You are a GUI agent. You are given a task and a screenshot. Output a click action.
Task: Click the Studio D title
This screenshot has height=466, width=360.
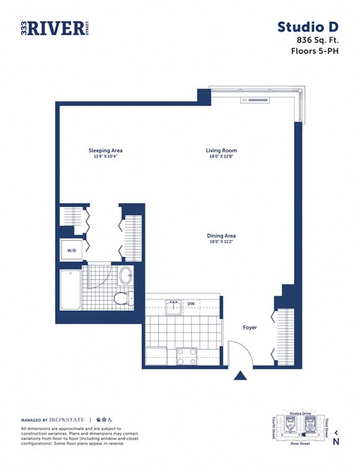[307, 27]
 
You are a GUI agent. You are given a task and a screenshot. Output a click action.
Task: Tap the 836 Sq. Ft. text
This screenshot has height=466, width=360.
[318, 40]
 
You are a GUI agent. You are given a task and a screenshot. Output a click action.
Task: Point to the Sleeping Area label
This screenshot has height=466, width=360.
[105, 151]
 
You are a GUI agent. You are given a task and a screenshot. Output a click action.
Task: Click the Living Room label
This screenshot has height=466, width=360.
[221, 151]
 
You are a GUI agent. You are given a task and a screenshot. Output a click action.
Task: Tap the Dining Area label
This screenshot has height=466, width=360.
[221, 236]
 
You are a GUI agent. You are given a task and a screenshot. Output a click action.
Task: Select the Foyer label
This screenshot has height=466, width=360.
[250, 327]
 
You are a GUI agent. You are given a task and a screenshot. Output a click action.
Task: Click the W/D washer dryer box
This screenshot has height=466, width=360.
[72, 250]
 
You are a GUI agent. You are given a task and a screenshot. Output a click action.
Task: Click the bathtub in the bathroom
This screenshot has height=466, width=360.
[70, 290]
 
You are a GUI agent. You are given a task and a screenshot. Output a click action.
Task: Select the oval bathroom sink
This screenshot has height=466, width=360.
[125, 275]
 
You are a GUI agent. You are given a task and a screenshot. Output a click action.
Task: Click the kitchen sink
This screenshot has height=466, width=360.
[174, 306]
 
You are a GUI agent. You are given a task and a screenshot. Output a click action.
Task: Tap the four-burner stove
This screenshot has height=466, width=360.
[187, 355]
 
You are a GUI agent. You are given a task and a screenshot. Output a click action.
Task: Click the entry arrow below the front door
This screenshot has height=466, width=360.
[240, 375]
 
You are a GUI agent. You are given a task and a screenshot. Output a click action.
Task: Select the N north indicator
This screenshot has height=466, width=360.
[336, 441]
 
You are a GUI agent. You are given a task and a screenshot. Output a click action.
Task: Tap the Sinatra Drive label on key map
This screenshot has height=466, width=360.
[299, 413]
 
